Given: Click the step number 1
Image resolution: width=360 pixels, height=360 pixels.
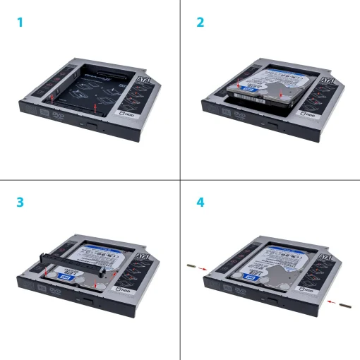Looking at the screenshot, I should (x=20, y=23).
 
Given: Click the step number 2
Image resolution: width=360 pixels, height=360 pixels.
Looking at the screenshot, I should (x=200, y=23).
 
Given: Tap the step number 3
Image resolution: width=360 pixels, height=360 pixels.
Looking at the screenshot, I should (x=20, y=202).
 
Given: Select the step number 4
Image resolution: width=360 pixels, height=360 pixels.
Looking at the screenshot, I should (x=200, y=202).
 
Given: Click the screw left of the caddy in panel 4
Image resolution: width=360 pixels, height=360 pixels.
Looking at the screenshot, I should (x=191, y=266).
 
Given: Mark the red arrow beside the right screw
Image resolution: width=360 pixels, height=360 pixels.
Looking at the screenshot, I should (x=330, y=301).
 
